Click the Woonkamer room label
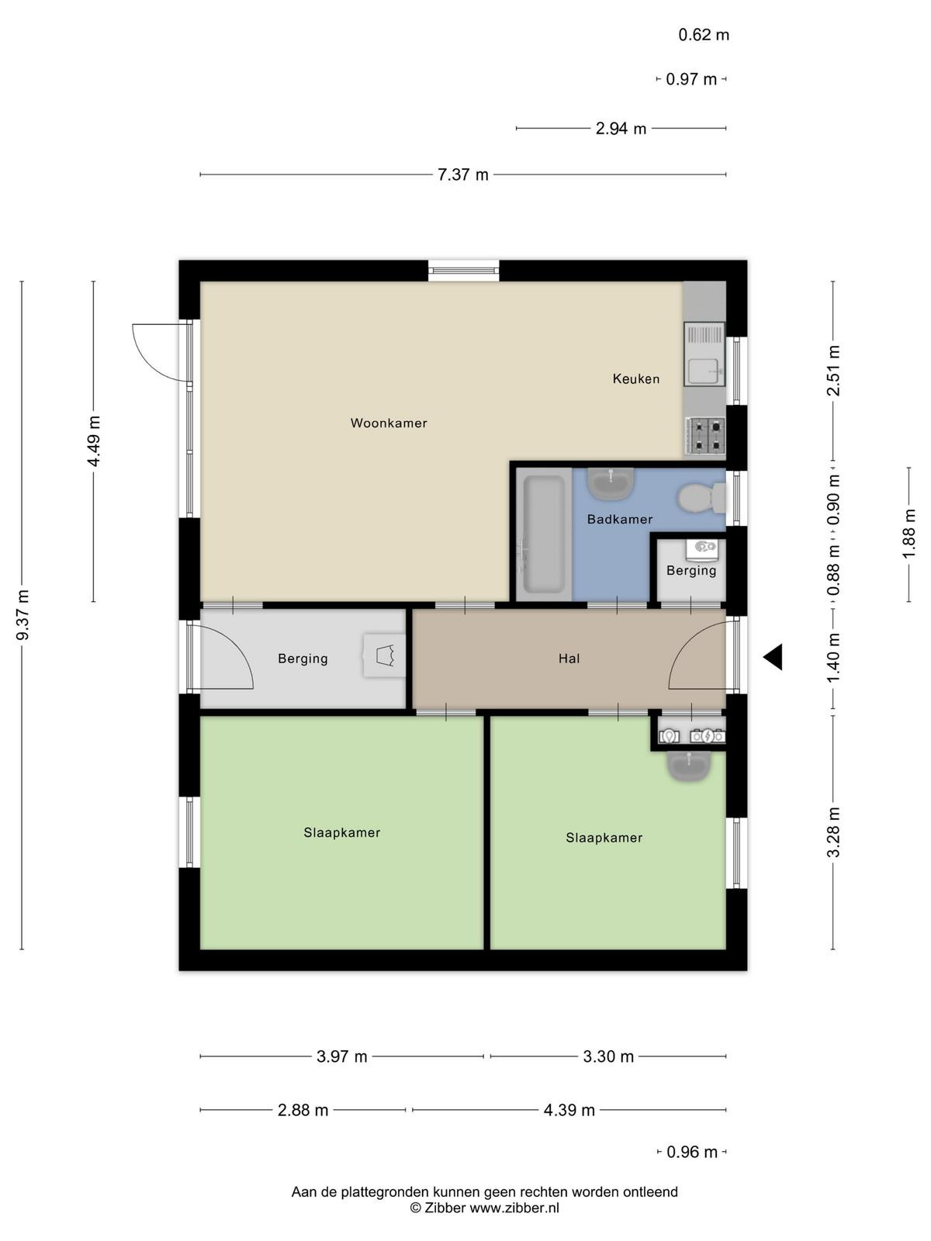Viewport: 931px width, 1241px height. click(389, 423)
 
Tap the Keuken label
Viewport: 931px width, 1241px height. click(636, 379)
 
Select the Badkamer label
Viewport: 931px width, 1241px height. click(620, 519)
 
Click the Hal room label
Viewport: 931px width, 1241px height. click(569, 658)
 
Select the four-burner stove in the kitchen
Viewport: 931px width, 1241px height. click(705, 435)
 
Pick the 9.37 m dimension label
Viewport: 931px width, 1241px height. click(22, 614)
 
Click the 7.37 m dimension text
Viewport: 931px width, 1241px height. click(462, 175)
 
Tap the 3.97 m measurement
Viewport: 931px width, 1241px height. click(341, 1056)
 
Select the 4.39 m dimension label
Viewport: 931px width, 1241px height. click(569, 1110)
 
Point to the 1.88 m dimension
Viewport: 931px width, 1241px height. click(909, 534)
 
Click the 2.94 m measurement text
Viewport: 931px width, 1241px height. click(621, 128)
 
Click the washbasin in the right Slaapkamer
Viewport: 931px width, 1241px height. click(688, 766)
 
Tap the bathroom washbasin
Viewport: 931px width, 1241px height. click(611, 484)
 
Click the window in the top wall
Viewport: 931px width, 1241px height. click(463, 270)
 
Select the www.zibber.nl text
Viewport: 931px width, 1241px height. click(514, 1208)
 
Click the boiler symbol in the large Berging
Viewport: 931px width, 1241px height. click(384, 656)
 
